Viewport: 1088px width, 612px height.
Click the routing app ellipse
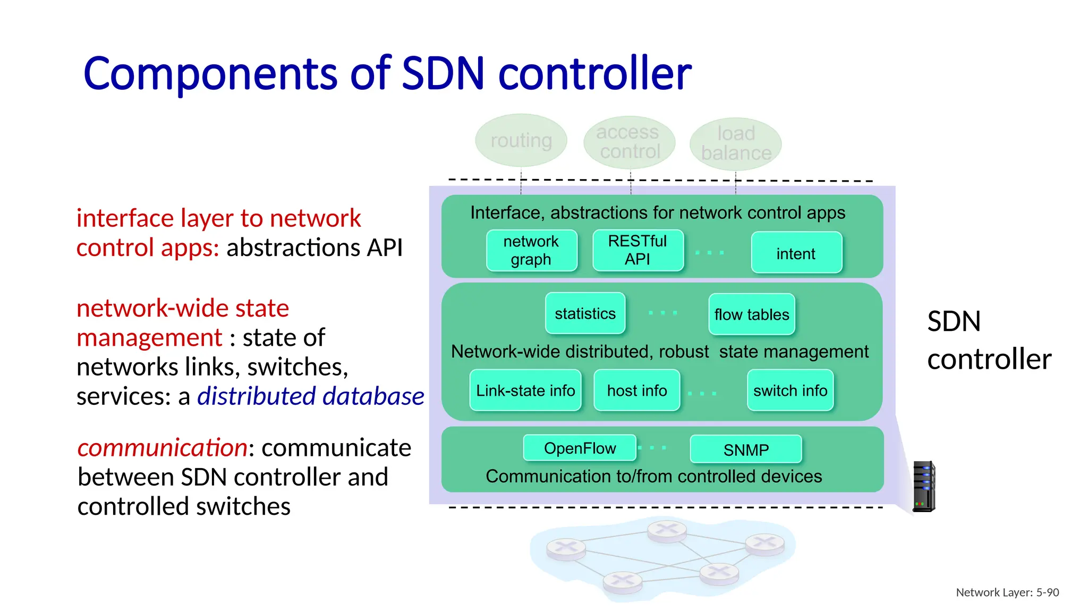point(521,140)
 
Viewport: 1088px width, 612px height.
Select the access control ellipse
point(629,142)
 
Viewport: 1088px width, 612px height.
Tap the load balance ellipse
point(736,143)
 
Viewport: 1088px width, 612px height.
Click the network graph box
point(531,250)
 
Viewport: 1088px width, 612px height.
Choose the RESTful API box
point(637,250)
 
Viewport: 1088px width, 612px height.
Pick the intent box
point(796,253)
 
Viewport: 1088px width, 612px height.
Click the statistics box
point(585,313)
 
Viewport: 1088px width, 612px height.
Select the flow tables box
point(751,314)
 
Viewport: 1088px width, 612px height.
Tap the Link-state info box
point(525,390)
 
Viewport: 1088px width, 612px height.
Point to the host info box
point(636,390)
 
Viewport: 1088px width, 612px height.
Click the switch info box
point(790,390)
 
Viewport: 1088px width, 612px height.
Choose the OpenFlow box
point(580,448)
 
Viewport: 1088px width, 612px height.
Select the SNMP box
point(745,450)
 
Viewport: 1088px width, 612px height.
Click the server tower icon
point(923,486)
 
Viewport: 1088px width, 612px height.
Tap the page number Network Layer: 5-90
point(1007,592)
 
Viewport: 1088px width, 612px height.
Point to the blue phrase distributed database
point(311,396)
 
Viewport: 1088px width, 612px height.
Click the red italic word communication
point(162,448)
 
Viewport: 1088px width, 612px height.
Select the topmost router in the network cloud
point(667,530)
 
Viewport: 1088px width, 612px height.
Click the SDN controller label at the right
point(988,340)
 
